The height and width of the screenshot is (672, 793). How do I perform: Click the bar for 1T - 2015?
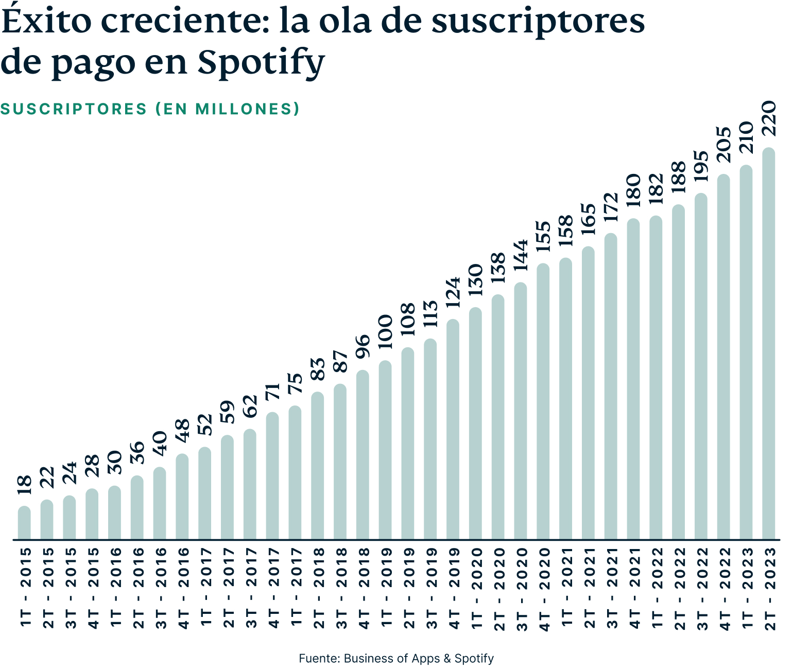(24, 522)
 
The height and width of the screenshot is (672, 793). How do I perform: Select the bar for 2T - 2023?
(768, 344)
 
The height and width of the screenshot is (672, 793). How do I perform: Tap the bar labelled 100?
(385, 450)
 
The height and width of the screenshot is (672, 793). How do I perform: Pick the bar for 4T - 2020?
(543, 401)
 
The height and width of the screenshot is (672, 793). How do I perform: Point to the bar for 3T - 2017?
(250, 484)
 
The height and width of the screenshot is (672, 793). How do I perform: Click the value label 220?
(768, 118)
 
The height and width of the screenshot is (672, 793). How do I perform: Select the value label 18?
(24, 485)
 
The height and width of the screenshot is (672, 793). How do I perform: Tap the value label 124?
(453, 292)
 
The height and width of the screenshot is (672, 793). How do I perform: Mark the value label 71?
(272, 392)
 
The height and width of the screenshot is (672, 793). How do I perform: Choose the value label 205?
(723, 145)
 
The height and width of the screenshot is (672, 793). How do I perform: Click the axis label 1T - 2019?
(385, 587)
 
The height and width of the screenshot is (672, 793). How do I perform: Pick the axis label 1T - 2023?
(746, 587)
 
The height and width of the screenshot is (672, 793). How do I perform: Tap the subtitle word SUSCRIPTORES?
(74, 109)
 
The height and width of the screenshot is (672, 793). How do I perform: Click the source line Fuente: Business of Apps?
(369, 659)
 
